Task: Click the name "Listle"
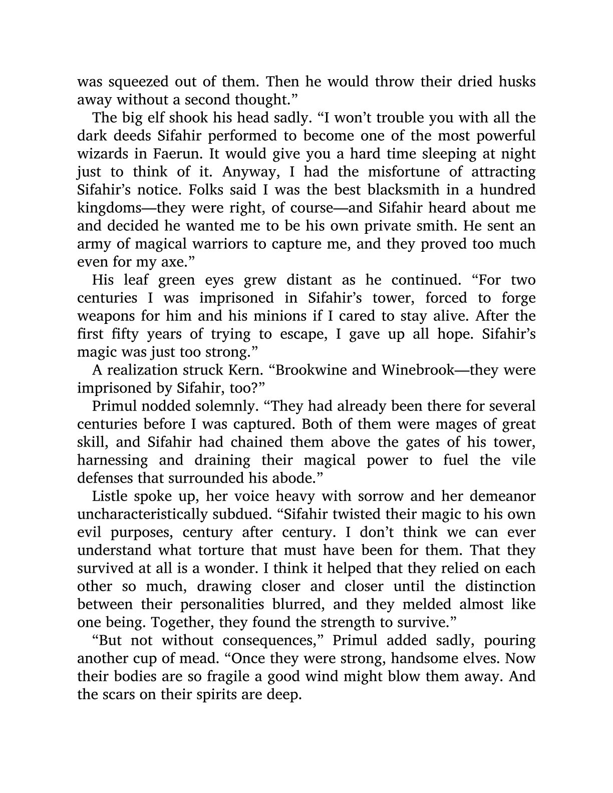[x=109, y=496]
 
